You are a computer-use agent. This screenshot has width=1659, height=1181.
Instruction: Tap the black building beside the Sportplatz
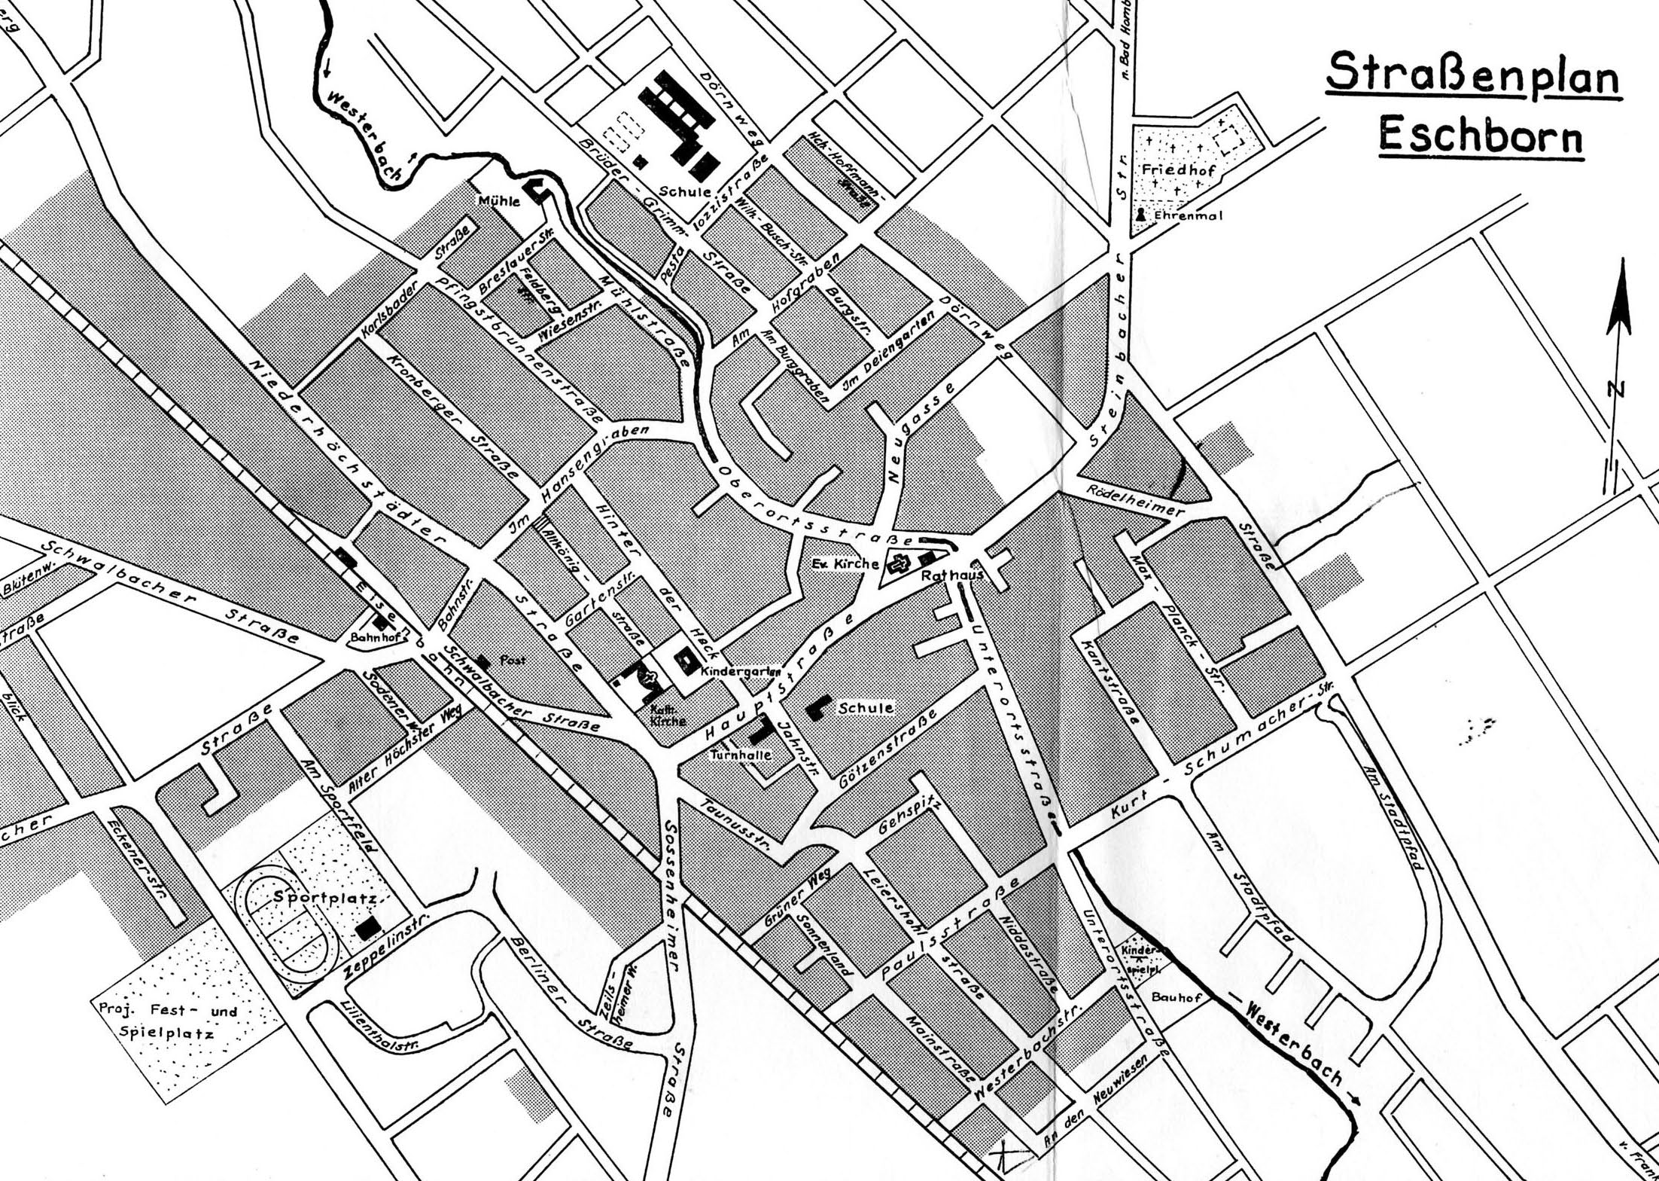pyautogui.click(x=367, y=929)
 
